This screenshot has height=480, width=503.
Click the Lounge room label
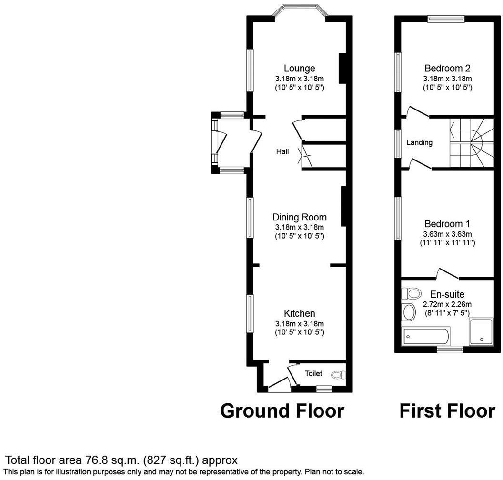tap(299, 69)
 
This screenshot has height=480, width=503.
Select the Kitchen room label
tap(299, 313)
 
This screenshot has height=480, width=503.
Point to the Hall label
tap(282, 152)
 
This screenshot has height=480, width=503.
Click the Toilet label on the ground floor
tap(313, 374)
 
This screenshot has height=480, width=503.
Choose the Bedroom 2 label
tap(447, 68)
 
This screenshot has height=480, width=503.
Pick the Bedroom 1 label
tap(447, 223)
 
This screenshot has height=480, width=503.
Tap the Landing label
tap(419, 142)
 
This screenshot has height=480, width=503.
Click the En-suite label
tap(447, 294)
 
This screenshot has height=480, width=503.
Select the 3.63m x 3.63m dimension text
tap(447, 234)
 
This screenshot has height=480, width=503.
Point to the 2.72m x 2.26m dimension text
tap(447, 304)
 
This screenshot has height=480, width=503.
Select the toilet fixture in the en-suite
tap(411, 293)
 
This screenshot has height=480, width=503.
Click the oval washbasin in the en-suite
tap(409, 312)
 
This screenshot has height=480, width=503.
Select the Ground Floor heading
tap(282, 410)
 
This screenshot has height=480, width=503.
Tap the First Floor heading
tap(447, 410)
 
